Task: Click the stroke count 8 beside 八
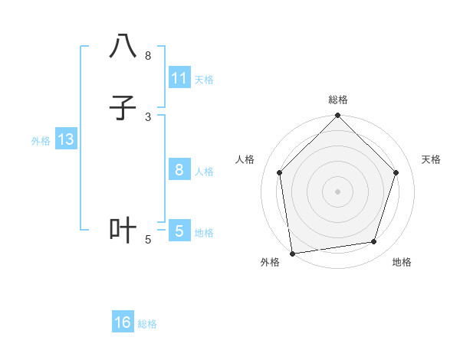[148, 56]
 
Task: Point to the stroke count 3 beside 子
[148, 116]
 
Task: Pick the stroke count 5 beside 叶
[148, 240]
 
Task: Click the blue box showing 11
[179, 77]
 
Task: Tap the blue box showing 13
[65, 139]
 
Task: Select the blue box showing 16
[123, 322]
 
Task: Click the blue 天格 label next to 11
[204, 79]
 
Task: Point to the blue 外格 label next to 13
[41, 141]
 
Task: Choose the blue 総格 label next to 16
[147, 324]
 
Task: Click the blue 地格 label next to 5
[204, 233]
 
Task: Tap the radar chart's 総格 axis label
[338, 100]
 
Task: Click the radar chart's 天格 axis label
[432, 159]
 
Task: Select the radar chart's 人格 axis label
[245, 159]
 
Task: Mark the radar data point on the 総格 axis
[338, 116]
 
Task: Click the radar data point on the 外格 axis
[292, 253]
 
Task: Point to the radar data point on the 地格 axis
[374, 241]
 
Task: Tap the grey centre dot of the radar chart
[338, 191]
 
